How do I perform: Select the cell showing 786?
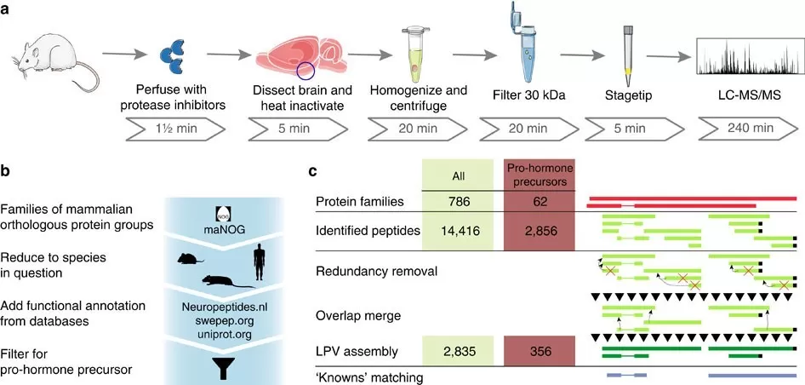[x=458, y=200]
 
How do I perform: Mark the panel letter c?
[x=314, y=170]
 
